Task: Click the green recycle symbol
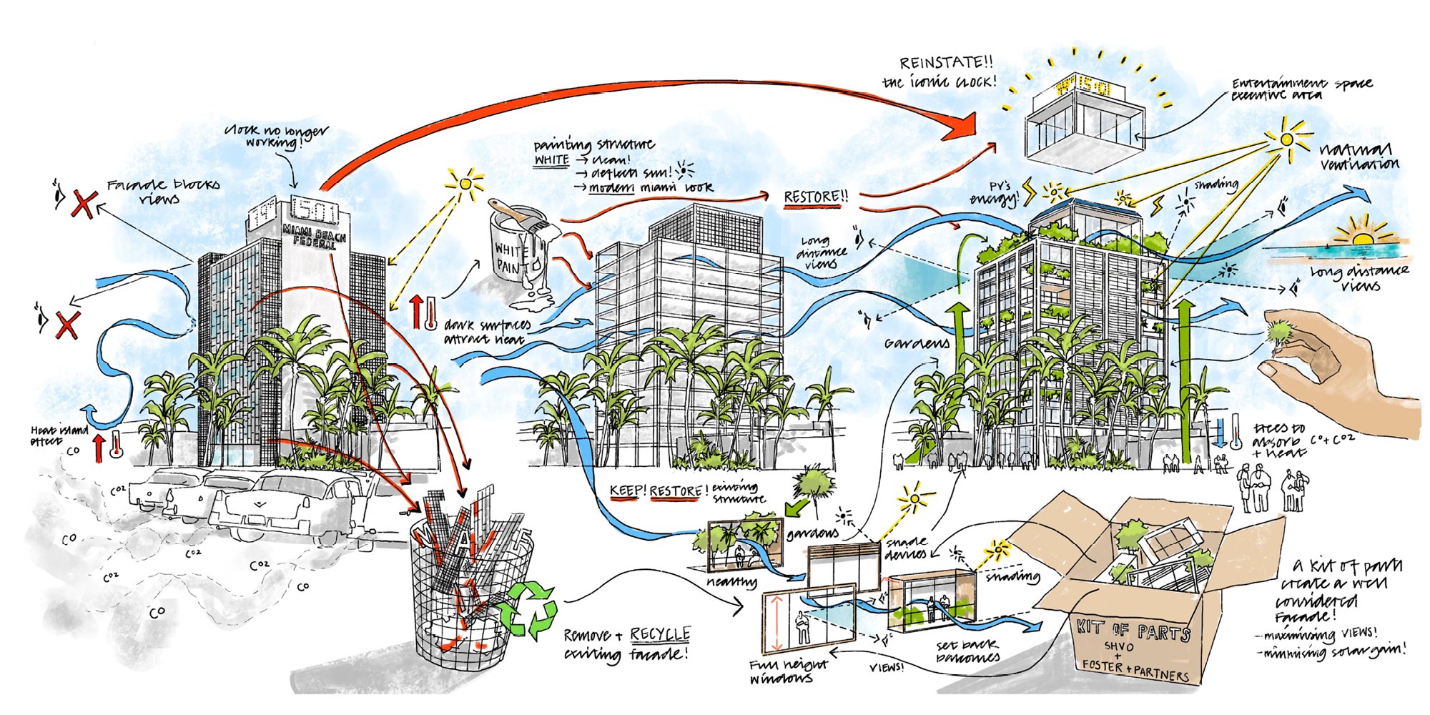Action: pos(528,609)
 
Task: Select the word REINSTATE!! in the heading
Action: pos(946,63)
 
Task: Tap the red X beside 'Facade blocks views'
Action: pos(83,203)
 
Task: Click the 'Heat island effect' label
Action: pos(59,435)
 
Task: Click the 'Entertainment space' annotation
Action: pos(1301,89)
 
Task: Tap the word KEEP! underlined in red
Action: pos(627,491)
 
